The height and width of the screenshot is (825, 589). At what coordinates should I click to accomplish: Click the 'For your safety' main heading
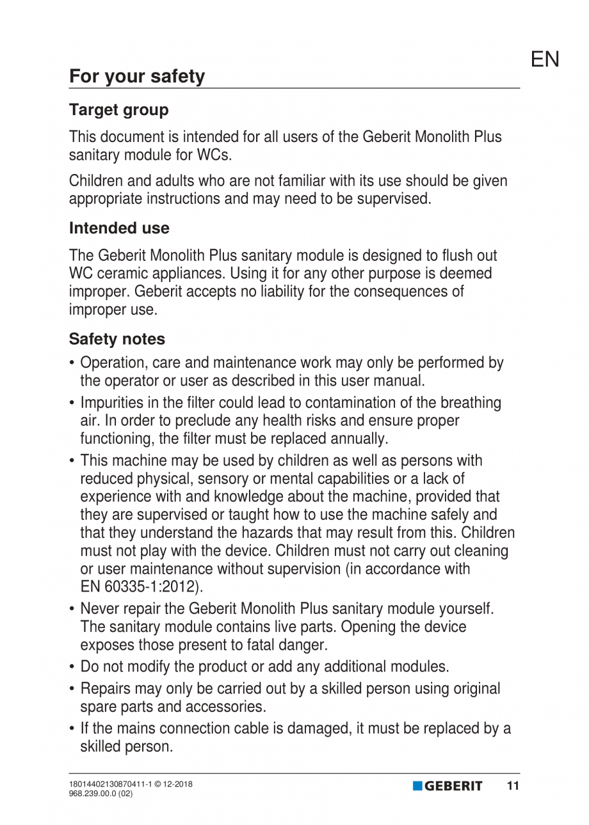click(137, 77)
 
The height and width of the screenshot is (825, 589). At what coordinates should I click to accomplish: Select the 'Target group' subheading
click(119, 110)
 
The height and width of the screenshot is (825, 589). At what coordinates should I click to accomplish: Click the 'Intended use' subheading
click(119, 228)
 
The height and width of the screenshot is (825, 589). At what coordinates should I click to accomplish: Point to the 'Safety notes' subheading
click(117, 338)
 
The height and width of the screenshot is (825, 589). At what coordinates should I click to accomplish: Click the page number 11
click(513, 786)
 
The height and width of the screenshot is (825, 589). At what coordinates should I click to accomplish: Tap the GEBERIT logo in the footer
click(448, 786)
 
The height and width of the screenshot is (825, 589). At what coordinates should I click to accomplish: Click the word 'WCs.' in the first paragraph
click(214, 155)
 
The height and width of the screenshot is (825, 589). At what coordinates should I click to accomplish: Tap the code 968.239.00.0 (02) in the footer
click(101, 793)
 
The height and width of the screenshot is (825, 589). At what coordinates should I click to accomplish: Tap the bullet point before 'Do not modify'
click(73, 667)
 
